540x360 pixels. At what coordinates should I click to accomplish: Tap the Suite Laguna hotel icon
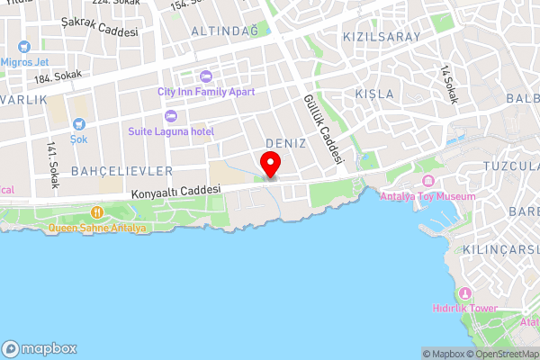tap(170, 116)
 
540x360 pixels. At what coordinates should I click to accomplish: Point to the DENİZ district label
tap(287, 144)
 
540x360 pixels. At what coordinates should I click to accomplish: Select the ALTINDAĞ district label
tap(224, 31)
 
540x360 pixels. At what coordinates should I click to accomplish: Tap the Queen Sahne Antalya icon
tap(97, 212)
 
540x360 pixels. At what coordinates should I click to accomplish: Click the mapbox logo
tap(40, 348)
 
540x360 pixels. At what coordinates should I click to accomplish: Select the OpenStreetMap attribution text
tap(499, 354)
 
